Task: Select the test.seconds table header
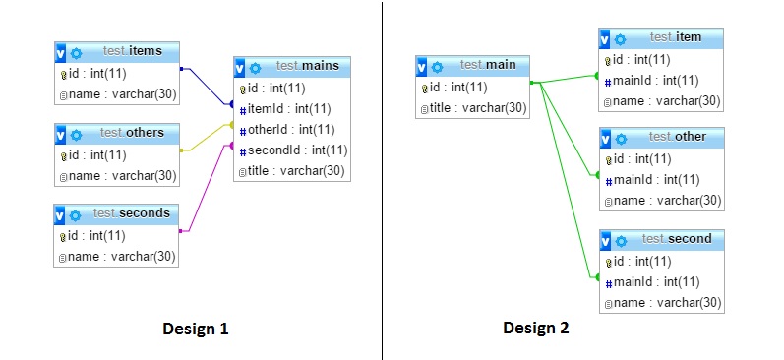(132, 213)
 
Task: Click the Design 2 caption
(536, 329)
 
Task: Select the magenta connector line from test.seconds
(208, 187)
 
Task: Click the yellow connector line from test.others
(208, 138)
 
